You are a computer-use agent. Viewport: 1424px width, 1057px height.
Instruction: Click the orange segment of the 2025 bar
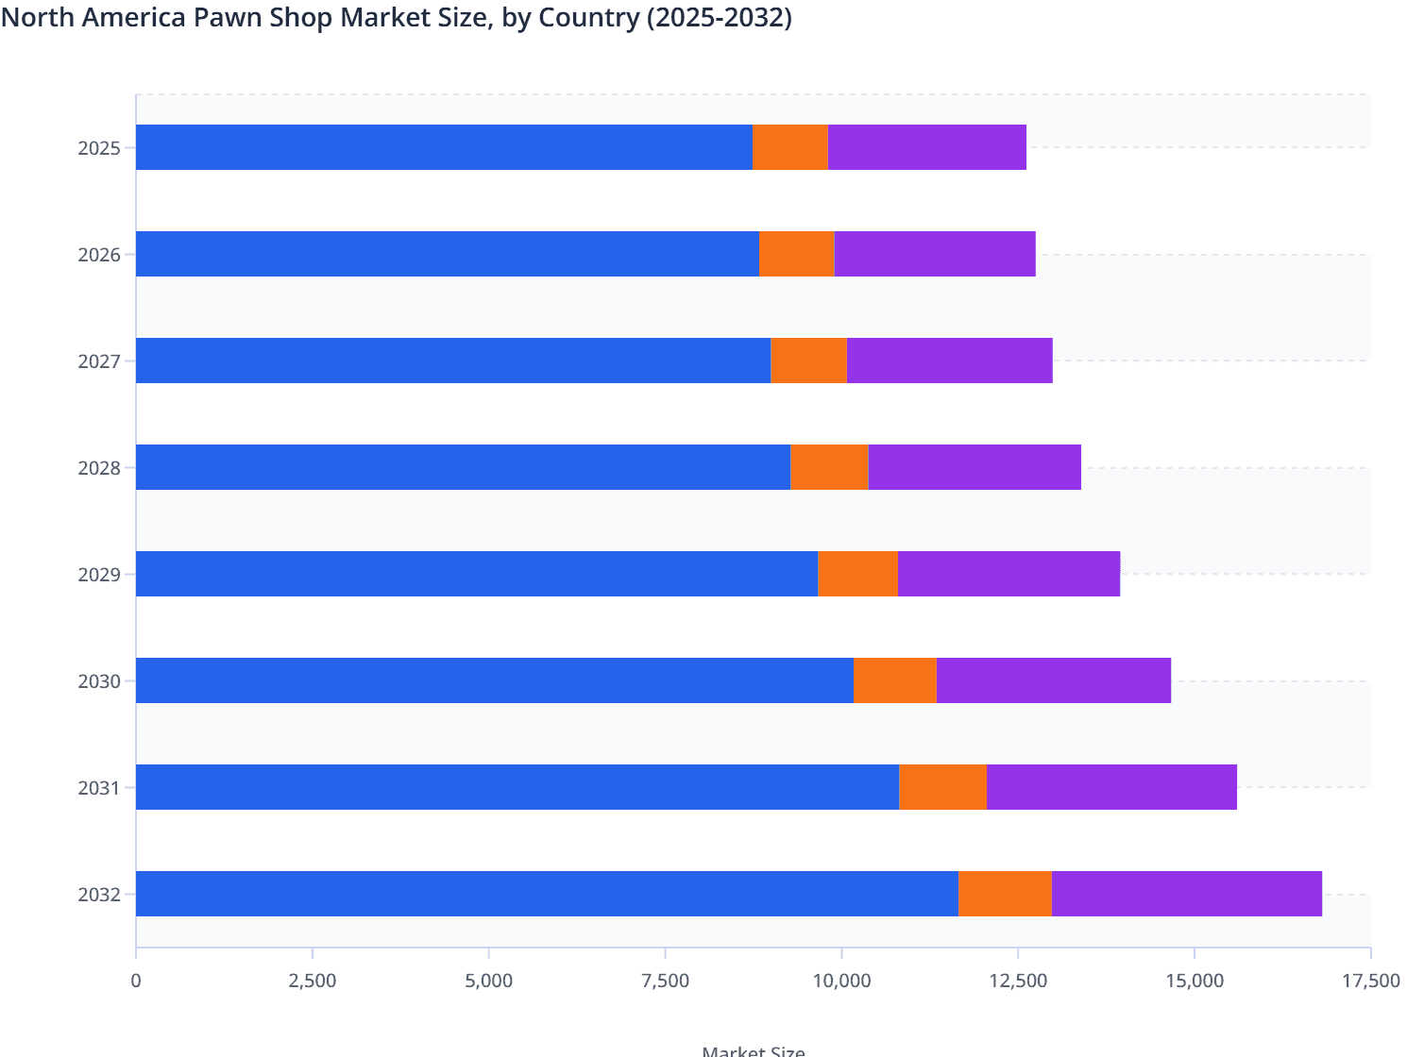click(x=790, y=147)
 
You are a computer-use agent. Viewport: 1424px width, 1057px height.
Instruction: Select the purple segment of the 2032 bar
click(x=1186, y=894)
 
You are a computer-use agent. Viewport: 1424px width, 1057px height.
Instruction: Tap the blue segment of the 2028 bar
click(x=463, y=467)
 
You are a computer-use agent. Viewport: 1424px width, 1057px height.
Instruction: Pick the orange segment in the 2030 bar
click(x=894, y=680)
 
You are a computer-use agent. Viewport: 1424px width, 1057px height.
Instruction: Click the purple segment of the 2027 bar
click(x=949, y=361)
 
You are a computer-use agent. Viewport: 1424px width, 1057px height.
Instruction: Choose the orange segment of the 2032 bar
click(x=1005, y=894)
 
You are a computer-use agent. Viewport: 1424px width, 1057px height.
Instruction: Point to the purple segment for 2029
click(x=1009, y=574)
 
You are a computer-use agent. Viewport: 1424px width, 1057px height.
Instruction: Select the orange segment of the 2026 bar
click(x=796, y=254)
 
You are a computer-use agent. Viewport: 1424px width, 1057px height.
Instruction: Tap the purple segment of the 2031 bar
click(x=1111, y=787)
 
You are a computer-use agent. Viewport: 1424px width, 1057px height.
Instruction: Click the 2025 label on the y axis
click(x=99, y=148)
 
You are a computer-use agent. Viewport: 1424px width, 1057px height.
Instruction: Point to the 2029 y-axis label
click(x=99, y=575)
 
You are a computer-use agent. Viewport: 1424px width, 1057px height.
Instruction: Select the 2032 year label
click(x=99, y=895)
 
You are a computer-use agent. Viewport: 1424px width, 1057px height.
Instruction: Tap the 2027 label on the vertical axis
click(x=99, y=361)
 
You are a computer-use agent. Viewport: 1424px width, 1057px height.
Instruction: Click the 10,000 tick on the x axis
click(x=841, y=981)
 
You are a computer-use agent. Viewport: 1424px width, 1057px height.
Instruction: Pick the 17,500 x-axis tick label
click(x=1370, y=981)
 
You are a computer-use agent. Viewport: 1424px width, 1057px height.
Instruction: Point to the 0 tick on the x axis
click(x=136, y=981)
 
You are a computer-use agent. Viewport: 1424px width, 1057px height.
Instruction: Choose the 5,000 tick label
click(x=489, y=981)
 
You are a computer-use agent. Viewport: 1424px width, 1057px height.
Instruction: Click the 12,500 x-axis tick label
click(x=1018, y=981)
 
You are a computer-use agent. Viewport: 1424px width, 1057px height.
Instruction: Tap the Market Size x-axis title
click(x=753, y=1050)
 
